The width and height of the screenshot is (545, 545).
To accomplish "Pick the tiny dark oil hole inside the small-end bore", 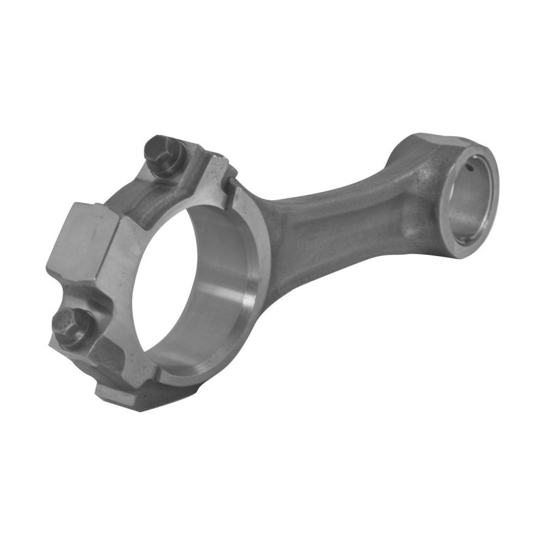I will coord(469,166).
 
